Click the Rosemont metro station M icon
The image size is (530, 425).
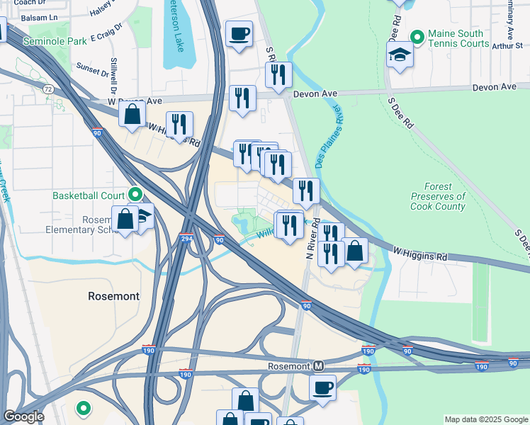[319, 366]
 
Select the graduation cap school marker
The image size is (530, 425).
[400, 55]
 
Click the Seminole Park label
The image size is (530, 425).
[55, 42]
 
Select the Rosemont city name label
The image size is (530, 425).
[113, 296]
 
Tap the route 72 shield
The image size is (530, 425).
[48, 89]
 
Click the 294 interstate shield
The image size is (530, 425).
[186, 239]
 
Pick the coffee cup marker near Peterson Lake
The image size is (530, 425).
[239, 33]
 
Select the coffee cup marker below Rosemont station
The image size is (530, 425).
[322, 388]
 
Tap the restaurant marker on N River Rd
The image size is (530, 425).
[306, 190]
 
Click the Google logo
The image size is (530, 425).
[23, 416]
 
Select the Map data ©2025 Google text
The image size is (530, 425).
[486, 419]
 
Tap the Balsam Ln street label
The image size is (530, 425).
[40, 16]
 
